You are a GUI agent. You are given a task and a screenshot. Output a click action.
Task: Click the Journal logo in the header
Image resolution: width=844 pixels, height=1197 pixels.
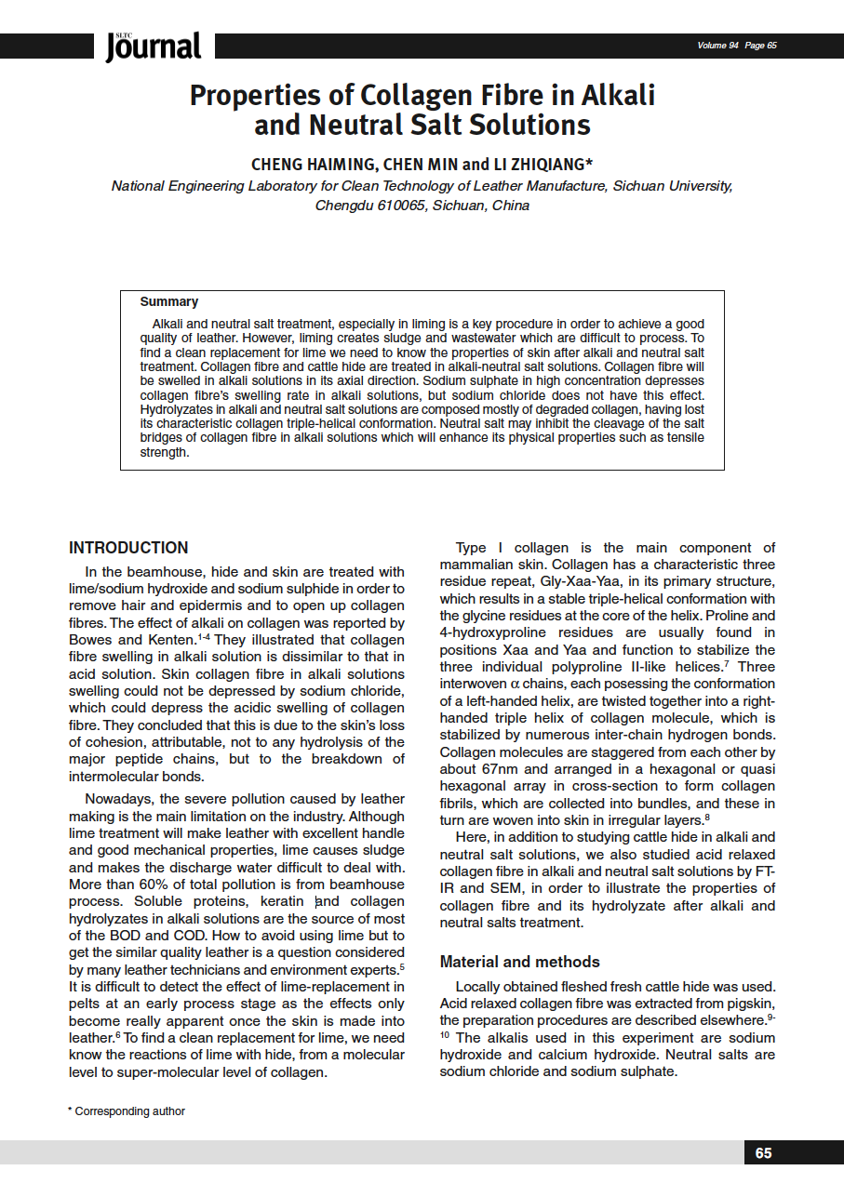tap(154, 47)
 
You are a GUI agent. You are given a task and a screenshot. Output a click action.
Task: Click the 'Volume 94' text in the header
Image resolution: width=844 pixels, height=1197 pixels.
tap(717, 46)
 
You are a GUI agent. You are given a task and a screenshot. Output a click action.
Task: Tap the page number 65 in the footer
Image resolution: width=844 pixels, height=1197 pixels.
tap(763, 1153)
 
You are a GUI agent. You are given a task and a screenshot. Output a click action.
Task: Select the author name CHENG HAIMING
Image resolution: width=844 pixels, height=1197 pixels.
tap(314, 165)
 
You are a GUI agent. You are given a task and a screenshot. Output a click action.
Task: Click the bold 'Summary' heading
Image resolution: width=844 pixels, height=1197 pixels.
tap(168, 301)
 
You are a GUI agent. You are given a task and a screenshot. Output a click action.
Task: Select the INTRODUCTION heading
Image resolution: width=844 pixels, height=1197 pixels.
tap(128, 548)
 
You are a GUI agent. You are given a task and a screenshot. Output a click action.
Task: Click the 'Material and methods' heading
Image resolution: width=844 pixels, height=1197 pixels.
tap(519, 962)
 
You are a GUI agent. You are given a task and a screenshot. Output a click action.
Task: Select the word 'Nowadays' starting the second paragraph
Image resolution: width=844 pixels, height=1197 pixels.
tap(115, 799)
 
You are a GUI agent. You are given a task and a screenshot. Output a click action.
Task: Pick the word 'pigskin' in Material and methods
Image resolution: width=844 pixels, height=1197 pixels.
tap(751, 1004)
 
